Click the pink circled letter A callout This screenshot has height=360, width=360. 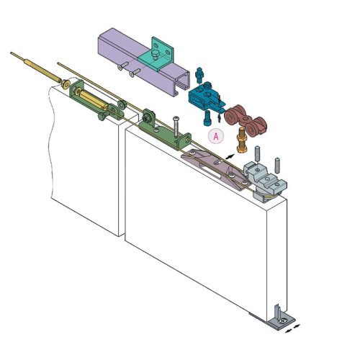(216, 136)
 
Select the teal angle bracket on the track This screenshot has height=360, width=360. (156, 55)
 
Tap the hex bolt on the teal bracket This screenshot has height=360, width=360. (155, 55)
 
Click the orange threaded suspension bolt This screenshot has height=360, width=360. (242, 140)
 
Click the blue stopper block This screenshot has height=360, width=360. (207, 97)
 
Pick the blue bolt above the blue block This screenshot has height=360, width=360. (199, 75)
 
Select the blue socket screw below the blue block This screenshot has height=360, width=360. (207, 118)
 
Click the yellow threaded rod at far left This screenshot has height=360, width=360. (36, 67)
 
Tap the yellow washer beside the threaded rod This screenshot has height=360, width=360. (66, 84)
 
